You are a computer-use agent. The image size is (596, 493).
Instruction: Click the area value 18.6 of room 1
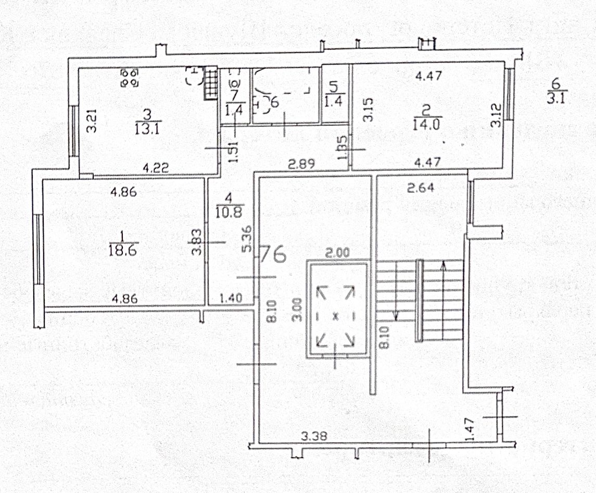tap(124, 251)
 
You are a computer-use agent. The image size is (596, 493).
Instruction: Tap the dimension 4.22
tap(155, 168)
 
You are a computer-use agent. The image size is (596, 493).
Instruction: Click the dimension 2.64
tap(419, 188)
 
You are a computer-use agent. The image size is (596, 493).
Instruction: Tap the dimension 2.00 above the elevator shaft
tap(337, 253)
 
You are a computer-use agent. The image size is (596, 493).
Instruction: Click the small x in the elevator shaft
tap(336, 315)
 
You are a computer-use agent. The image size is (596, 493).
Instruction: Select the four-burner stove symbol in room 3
tap(129, 78)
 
